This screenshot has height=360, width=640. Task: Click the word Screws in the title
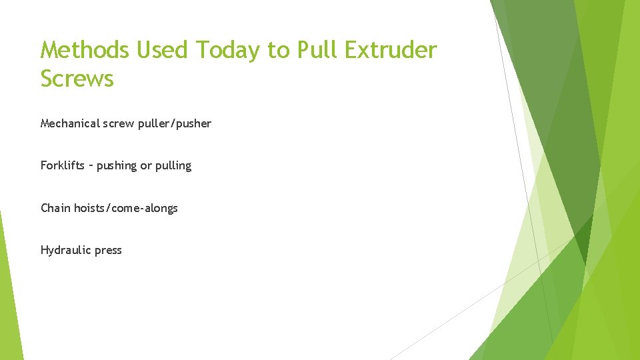click(77, 79)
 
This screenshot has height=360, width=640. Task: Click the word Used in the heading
click(156, 50)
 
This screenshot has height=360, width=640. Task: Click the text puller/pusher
click(175, 123)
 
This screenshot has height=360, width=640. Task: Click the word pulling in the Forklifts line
click(173, 166)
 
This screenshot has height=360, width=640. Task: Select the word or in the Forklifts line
click(145, 166)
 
